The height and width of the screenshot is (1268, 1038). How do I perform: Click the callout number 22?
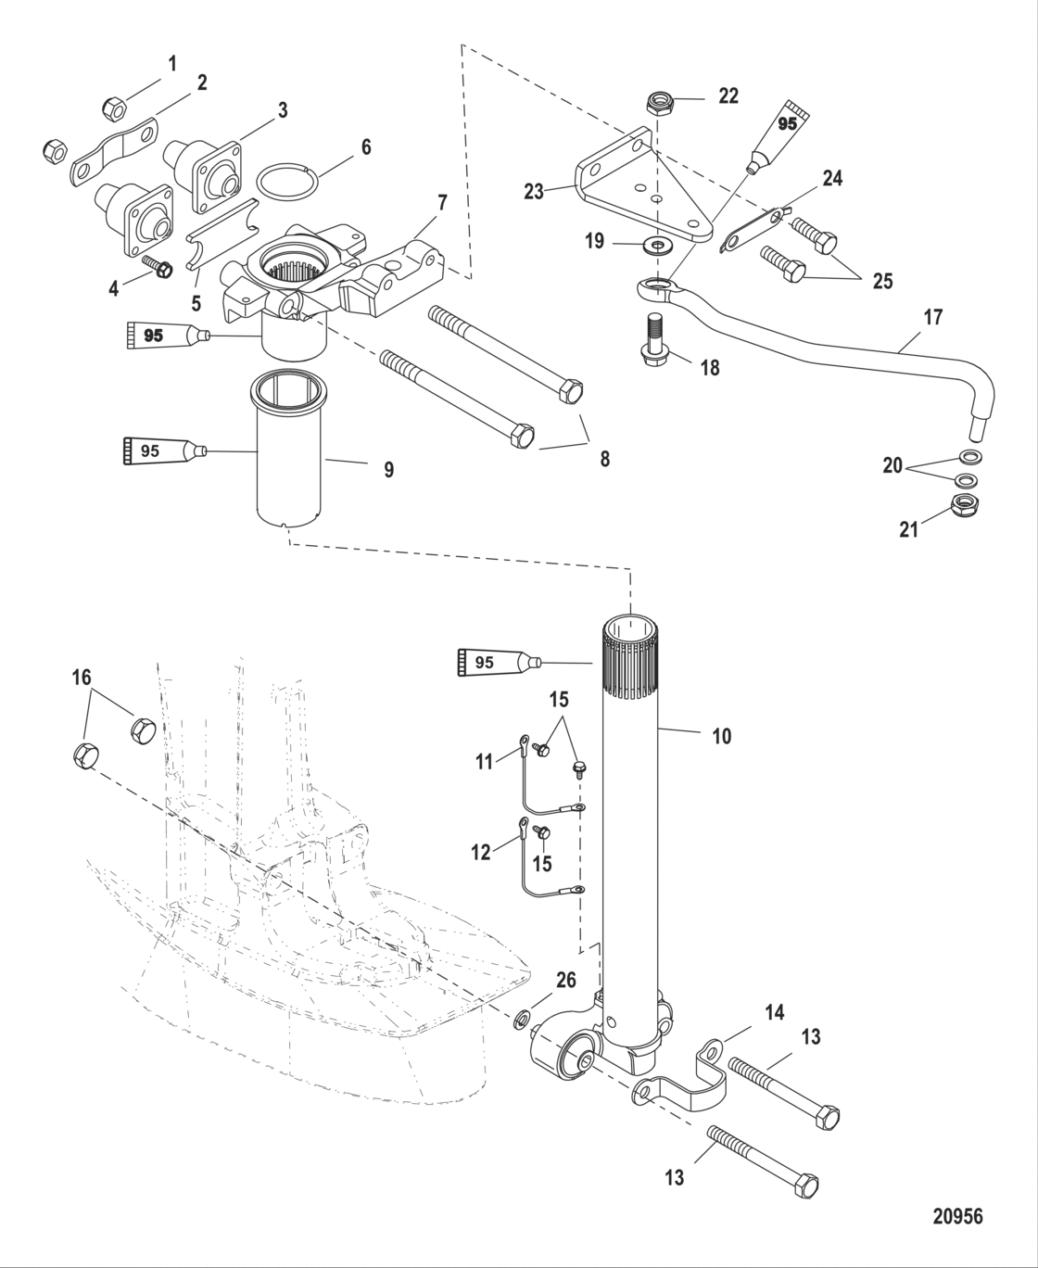click(x=728, y=95)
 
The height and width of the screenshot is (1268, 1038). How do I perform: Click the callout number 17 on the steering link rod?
click(x=933, y=317)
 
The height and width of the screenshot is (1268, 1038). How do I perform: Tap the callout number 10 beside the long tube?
click(x=721, y=736)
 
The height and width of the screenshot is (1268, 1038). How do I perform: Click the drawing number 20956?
click(x=957, y=1216)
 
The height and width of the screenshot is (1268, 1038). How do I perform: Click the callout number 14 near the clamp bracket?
click(x=774, y=1013)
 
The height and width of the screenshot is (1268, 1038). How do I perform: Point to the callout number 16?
click(x=82, y=678)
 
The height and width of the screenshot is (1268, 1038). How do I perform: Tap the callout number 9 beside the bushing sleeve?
click(x=388, y=470)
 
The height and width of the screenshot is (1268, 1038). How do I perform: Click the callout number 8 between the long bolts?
click(x=604, y=458)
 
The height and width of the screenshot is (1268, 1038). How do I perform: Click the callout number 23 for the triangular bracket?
click(x=533, y=192)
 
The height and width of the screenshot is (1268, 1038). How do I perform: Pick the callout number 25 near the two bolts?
click(x=882, y=280)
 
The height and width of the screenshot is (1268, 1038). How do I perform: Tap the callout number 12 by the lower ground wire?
click(x=480, y=853)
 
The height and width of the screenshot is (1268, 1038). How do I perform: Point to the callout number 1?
click(x=171, y=63)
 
